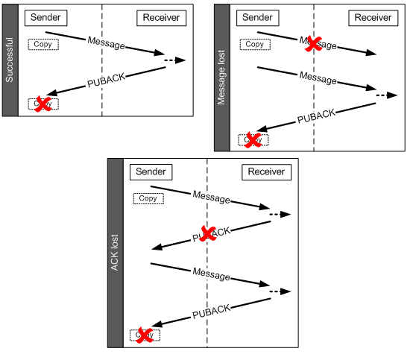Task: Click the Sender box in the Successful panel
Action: tap(46, 18)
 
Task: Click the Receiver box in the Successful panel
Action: tap(160, 18)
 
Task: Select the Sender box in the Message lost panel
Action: tap(259, 18)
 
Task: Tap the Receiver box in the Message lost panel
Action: tap(373, 18)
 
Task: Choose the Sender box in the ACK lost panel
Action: tap(151, 172)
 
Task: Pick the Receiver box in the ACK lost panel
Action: tap(266, 172)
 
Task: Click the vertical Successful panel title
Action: tap(10, 60)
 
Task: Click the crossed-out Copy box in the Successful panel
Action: tap(43, 104)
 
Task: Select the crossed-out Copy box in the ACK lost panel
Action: tap(145, 335)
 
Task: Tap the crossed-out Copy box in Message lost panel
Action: tap(253, 139)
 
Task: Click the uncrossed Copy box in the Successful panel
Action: tap(44, 45)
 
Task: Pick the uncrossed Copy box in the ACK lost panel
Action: tap(148, 198)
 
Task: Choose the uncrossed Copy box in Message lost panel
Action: tap(255, 45)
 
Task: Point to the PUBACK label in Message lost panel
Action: tap(317, 116)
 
